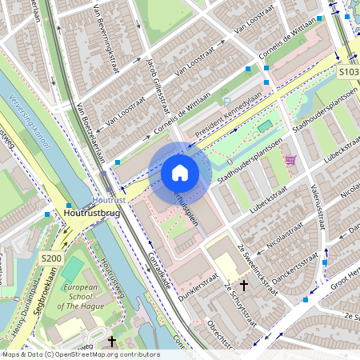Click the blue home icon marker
click(x=180, y=172)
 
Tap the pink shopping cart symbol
click(x=290, y=159)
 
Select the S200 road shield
click(x=51, y=258)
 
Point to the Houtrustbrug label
click(x=93, y=214)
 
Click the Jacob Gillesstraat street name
click(x=157, y=85)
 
